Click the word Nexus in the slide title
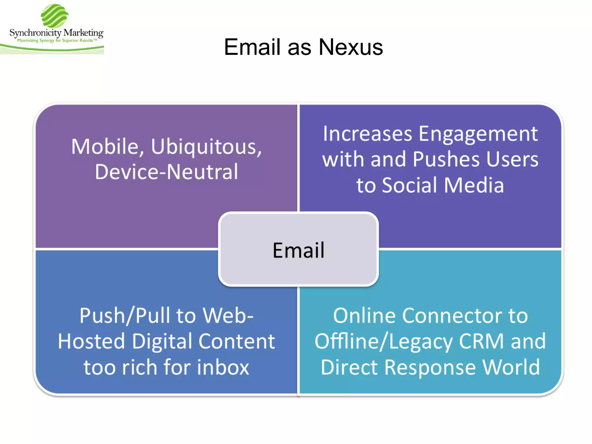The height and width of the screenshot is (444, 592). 351,47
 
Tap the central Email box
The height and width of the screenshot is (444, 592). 298,250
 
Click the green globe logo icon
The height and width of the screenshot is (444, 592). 54,16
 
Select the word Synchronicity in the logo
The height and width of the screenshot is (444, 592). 35,33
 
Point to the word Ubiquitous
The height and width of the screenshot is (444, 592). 206,147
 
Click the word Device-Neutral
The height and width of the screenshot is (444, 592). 166,172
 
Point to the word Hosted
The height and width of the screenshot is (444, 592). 91,341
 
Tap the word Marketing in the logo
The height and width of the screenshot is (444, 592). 83,33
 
